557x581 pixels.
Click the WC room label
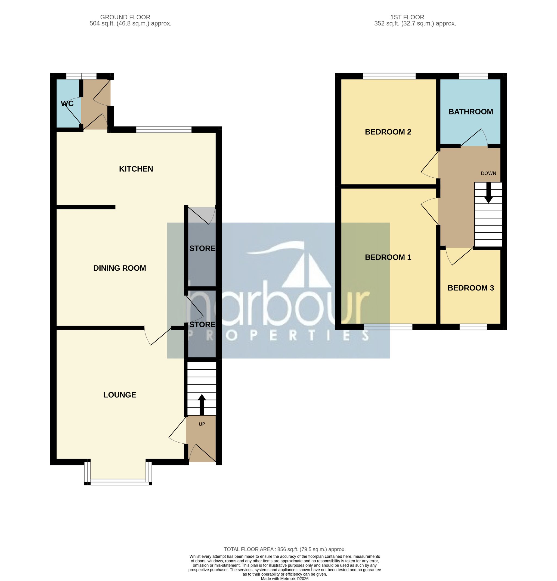click(67, 103)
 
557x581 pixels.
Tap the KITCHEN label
click(136, 169)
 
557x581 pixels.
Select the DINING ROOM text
click(119, 268)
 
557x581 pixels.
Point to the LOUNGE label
click(119, 395)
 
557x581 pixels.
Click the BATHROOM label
click(471, 112)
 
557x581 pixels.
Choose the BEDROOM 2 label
click(388, 132)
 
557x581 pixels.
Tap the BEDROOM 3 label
click(471, 288)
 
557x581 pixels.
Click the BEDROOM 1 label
click(388, 257)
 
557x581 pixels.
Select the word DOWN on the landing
click(488, 173)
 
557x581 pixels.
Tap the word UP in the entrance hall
click(202, 424)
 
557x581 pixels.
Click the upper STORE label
click(202, 248)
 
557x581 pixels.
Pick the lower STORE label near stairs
click(202, 324)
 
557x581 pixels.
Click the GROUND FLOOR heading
click(125, 17)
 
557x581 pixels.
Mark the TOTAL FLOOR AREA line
click(284, 549)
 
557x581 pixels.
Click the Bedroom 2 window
click(389, 76)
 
